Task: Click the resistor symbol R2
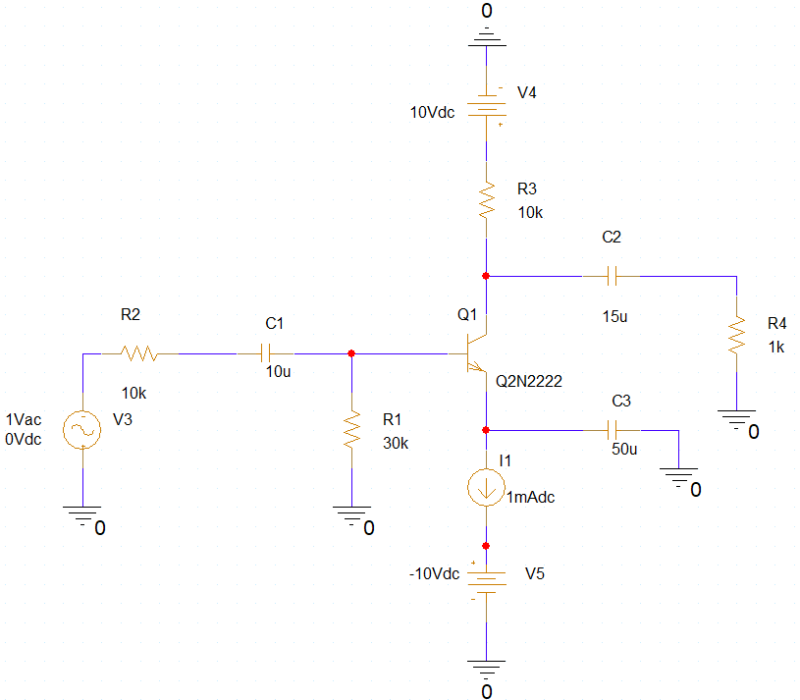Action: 138,352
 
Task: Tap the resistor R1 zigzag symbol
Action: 350,429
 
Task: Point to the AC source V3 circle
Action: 82,429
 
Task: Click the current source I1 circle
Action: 486,488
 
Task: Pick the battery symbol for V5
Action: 486,579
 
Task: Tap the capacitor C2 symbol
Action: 612,276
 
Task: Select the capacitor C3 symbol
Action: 612,429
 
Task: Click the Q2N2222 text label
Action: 529,381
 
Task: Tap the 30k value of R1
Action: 396,443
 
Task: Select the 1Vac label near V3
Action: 24,419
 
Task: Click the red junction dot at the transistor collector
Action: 486,276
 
